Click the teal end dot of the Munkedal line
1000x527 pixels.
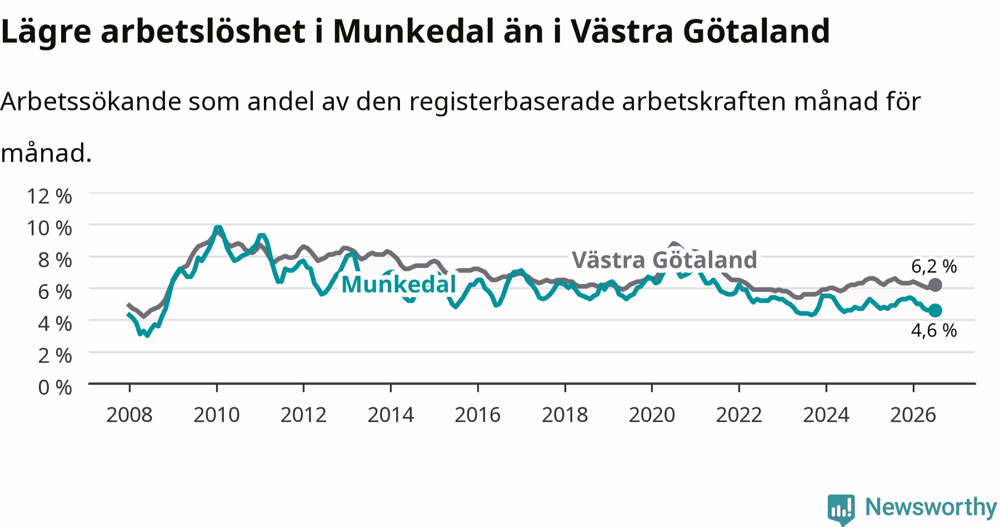tap(935, 310)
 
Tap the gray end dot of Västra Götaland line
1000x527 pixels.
tap(935, 285)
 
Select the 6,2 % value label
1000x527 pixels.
tap(934, 266)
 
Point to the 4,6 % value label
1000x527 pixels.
tap(934, 331)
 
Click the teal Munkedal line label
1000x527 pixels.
tap(398, 284)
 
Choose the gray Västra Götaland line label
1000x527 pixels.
tap(664, 260)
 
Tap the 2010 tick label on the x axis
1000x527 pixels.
tap(217, 415)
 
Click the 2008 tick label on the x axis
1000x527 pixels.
tap(129, 415)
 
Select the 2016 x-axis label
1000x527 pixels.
tap(478, 415)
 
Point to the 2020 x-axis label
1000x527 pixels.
tap(652, 415)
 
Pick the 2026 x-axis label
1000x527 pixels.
tap(913, 415)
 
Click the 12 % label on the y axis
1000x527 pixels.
tap(49, 196)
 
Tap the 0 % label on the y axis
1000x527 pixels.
tap(55, 387)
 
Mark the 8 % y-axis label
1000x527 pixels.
tap(55, 260)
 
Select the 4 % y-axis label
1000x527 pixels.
tap(55, 323)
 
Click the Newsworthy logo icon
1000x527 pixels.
tap(841, 509)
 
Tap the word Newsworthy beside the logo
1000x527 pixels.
tap(931, 508)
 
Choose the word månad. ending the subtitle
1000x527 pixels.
tap(46, 153)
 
